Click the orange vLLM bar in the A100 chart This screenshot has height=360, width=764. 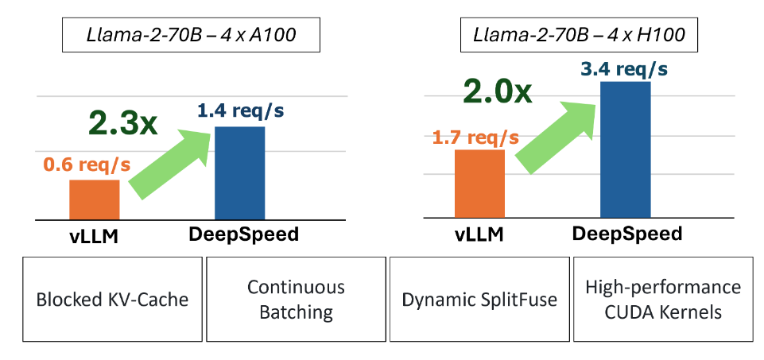pos(95,199)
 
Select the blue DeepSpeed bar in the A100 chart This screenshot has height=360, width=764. pos(239,172)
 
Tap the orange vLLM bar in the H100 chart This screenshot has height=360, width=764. pos(480,184)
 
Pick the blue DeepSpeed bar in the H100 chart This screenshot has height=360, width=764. pos(626,149)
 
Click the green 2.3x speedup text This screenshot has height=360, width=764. pos(123,122)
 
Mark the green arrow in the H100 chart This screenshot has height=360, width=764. pos(558,134)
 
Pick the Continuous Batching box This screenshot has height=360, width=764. pos(296,299)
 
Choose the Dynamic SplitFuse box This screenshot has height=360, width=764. pos(479,300)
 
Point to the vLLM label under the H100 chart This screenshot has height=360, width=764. pos(481,234)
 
